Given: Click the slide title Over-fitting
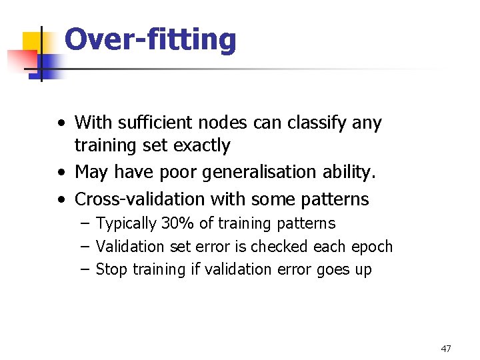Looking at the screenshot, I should click(150, 40).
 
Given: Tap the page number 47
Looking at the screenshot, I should click(446, 349).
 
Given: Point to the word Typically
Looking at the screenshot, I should click(126, 224).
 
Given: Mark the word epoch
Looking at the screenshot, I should click(372, 247).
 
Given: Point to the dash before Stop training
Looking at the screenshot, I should click(85, 269).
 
